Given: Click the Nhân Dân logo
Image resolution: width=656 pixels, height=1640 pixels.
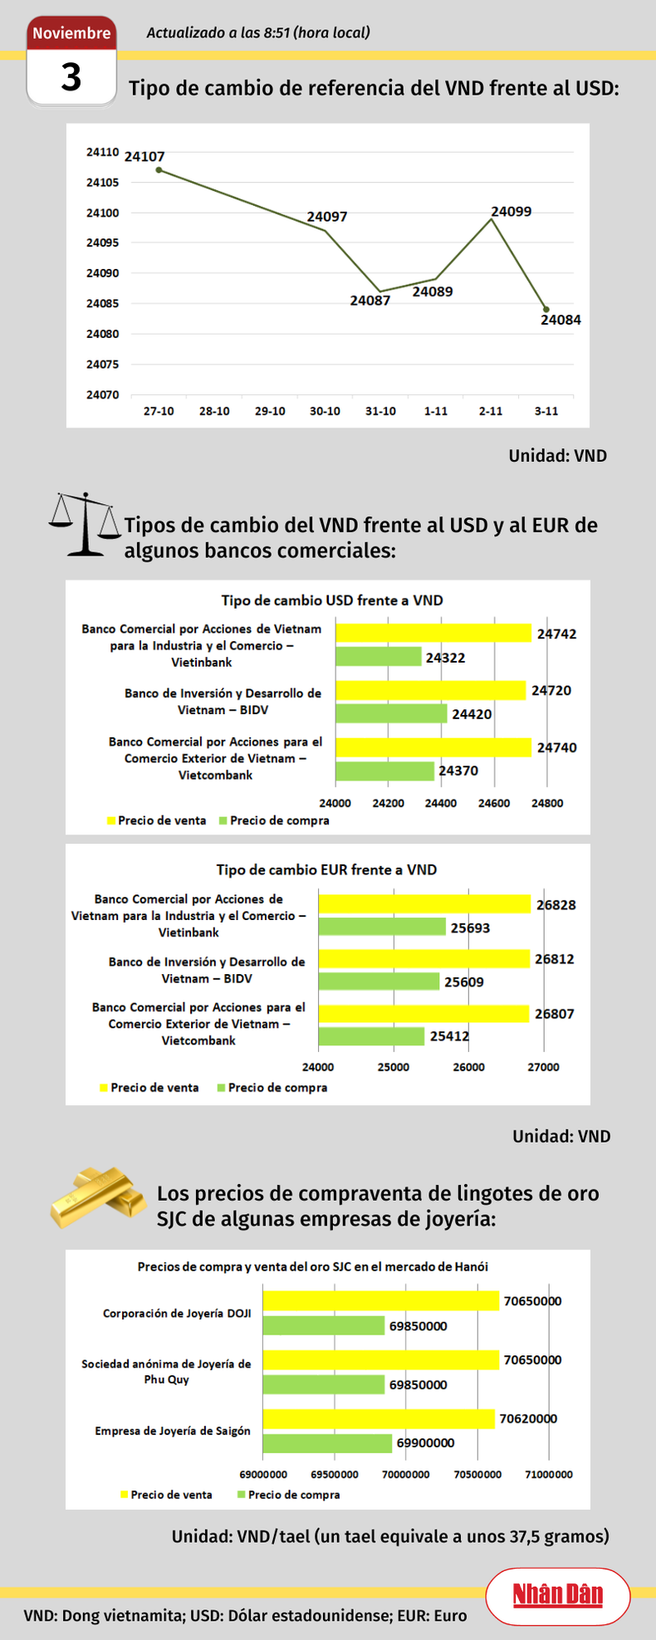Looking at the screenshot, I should coord(557,1594).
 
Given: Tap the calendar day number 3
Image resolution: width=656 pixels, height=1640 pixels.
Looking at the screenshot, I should coord(71,77).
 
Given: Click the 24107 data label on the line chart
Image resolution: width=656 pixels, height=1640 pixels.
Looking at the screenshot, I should coord(144,156).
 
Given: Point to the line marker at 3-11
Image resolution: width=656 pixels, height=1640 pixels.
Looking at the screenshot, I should coord(546,310).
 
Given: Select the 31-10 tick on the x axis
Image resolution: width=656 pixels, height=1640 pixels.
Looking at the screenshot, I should coord(380,411).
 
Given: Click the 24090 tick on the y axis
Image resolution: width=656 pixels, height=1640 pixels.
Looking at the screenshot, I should coord(102,273).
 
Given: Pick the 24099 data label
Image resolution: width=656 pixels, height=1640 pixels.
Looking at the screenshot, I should coord(511,212).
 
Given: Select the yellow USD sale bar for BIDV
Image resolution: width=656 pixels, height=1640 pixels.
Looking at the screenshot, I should coord(430,690).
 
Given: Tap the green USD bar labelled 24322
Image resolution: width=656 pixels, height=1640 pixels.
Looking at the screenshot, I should coord(378,657).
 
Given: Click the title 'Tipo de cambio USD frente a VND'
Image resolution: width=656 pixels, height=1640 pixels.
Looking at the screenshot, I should coord(331,600).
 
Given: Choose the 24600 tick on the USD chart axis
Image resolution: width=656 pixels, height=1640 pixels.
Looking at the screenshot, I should coord(494,803).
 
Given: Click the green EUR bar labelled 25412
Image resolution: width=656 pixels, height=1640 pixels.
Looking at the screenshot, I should coord(371,1036).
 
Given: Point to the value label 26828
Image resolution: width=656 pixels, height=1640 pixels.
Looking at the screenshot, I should coord(556,905).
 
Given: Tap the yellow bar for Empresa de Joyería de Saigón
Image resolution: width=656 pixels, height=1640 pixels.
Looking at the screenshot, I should coord(378,1419).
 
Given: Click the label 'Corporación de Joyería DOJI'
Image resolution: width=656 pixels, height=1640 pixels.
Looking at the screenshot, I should coord(177,1314).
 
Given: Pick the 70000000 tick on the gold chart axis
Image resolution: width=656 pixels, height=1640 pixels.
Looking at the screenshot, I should coord(406,1474).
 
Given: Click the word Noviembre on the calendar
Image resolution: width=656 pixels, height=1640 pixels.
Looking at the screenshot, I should coord(71,33).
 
